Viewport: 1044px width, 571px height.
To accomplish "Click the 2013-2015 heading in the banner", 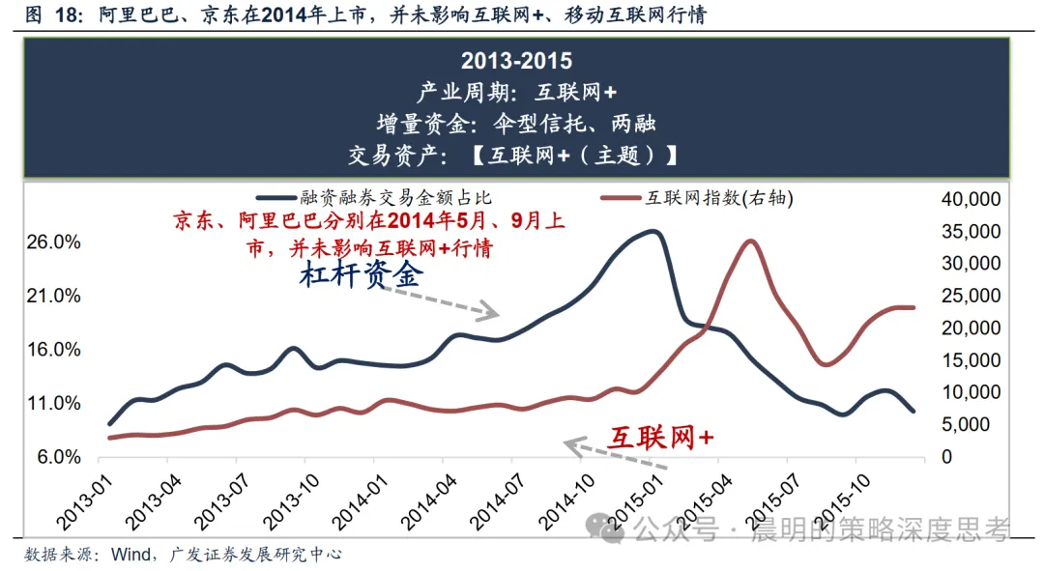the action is pos(516,61).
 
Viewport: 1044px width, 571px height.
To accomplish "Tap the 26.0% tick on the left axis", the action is pos(53,243).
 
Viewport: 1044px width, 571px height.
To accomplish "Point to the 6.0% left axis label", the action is pos(59,457).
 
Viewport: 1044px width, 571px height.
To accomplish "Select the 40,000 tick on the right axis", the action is pos(971,199).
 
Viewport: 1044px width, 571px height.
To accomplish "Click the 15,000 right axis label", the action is pos(971,360).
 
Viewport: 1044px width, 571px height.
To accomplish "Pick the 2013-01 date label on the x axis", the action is pos(84,502).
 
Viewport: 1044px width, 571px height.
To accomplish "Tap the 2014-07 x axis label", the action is pos(498,502).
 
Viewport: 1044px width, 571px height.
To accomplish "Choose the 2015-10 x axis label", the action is pos(842,502).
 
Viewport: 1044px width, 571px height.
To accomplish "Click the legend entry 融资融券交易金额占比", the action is pos(375,198).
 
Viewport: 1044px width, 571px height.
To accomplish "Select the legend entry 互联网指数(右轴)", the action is pos(697,198).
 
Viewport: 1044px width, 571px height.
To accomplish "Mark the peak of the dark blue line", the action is pos(653,232).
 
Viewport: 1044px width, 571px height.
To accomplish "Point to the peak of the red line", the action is pos(750,241).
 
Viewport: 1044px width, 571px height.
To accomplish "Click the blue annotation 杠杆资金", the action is pos(361,274).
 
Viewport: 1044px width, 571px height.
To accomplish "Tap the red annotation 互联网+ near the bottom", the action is pos(661,438).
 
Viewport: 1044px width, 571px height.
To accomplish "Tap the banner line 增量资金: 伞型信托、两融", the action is pos(516,123).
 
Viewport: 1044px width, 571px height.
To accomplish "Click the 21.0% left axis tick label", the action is pos(53,296).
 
